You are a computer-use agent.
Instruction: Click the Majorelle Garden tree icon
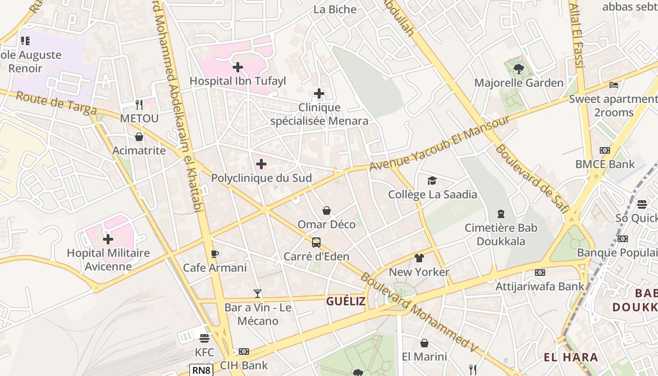pos(519,69)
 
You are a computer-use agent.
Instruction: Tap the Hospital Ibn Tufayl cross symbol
pos(238,67)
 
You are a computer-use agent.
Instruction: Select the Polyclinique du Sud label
pos(261,178)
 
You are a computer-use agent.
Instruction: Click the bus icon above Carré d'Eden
pos(316,243)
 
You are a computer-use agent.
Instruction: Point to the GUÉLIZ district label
pos(346,301)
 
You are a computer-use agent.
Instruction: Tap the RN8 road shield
pos(202,370)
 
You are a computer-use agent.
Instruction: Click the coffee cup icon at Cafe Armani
pos(215,254)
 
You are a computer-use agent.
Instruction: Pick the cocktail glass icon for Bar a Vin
pos(258,294)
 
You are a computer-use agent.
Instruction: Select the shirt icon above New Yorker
pos(419,258)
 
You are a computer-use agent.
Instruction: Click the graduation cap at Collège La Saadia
pos(432,180)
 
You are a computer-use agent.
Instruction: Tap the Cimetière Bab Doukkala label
pos(501,235)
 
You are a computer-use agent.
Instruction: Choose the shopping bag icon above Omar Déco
pos(327,211)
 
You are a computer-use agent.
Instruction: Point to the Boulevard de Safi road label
pos(532,178)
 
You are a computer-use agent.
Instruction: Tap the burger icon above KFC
pos(204,338)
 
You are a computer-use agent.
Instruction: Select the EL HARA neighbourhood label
pos(571,357)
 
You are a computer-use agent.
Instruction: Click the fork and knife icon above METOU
pos(139,104)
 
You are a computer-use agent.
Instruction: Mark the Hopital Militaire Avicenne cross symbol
pos(108,239)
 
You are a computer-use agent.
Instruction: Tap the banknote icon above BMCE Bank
pos(605,150)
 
